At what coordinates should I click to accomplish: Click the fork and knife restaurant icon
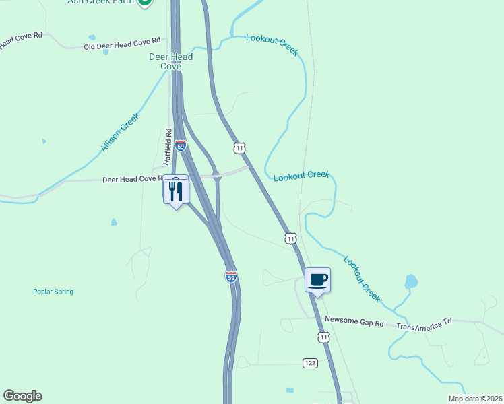[x=176, y=191]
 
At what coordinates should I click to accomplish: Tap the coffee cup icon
[x=317, y=279]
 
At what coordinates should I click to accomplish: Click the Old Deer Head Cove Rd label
[x=122, y=44]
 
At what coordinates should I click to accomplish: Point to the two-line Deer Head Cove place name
[x=170, y=61]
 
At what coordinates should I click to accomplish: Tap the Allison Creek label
[x=120, y=132]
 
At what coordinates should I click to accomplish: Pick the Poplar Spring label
[x=53, y=292]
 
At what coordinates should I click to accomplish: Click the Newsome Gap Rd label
[x=354, y=323]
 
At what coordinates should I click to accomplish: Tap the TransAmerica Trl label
[x=424, y=325]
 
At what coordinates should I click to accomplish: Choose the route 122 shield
[x=309, y=363]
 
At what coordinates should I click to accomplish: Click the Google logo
[x=22, y=396]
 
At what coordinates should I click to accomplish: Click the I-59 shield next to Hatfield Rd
[x=180, y=145]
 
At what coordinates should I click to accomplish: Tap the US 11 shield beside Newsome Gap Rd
[x=324, y=337]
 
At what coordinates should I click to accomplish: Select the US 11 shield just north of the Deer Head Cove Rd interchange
[x=239, y=147]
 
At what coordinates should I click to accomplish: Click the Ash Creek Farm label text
[x=101, y=2]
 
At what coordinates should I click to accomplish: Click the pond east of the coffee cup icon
[x=410, y=281]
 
